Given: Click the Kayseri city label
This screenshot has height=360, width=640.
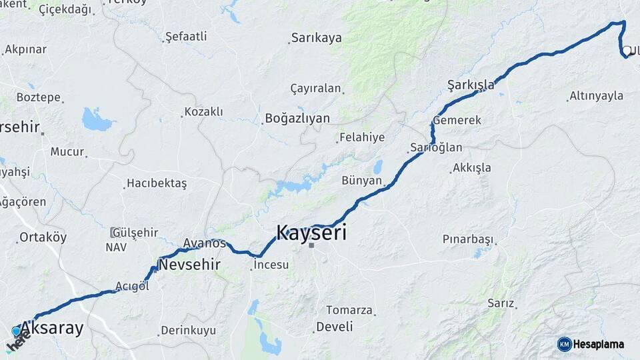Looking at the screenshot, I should pos(311,232).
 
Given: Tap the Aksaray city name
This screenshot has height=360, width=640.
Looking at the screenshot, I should pos(52,328).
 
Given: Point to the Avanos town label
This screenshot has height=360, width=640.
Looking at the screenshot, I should pos(205,243).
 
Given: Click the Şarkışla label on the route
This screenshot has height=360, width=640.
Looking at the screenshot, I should pos(471,84).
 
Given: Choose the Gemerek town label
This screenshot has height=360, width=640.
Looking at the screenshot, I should pos(457,120).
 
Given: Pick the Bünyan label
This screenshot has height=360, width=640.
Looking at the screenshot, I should pos(361,180).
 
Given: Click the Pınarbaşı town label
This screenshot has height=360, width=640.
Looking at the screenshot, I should pos(467,239).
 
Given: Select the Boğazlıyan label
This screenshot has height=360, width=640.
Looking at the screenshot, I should pos(297,118).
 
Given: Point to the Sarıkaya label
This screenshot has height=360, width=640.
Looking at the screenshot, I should pos(316,37).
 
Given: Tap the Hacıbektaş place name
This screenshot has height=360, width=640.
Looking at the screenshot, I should pos(157,183).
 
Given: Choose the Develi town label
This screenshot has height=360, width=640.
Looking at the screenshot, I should pos(335,327).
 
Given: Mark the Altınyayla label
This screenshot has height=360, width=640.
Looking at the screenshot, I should pos(596,96).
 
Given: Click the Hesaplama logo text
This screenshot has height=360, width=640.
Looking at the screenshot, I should pos(599,344).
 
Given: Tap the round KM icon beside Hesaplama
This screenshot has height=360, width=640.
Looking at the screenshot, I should pos(564,344).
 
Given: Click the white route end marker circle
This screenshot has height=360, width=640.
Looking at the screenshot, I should pos(627,51).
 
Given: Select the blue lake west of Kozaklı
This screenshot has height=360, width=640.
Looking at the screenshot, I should pos(97,120).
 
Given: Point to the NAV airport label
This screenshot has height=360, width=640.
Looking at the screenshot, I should pos(115,247).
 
